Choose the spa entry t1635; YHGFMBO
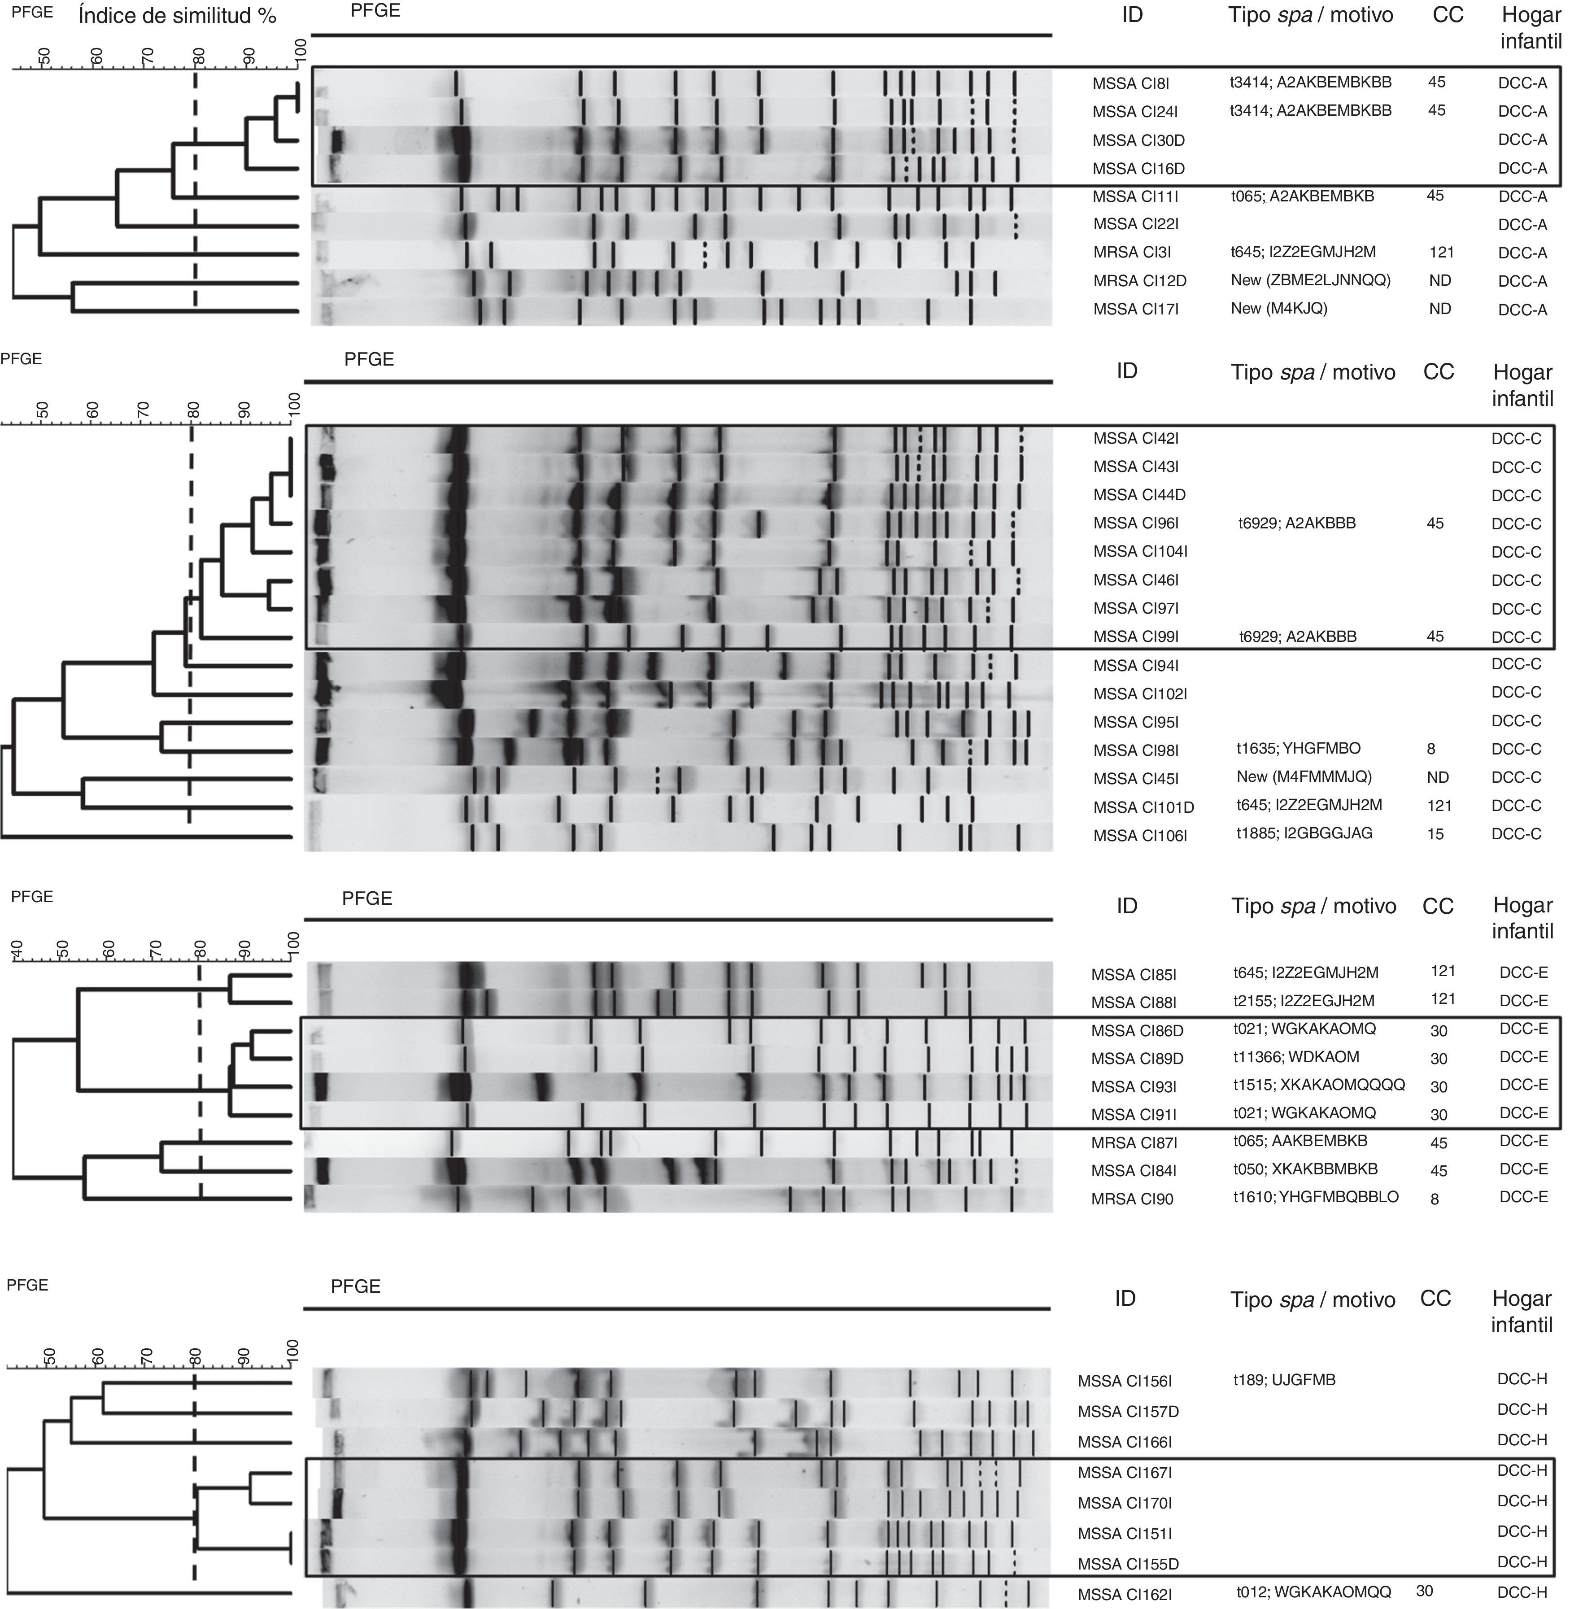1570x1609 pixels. click(x=1298, y=749)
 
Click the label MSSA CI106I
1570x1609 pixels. click(x=1139, y=835)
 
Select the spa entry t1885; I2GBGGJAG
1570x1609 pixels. click(x=1304, y=833)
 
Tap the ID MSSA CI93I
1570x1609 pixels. click(x=1133, y=1087)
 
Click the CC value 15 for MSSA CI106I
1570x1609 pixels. click(x=1435, y=835)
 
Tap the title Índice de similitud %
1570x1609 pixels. click(x=177, y=16)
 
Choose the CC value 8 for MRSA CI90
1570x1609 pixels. click(x=1435, y=1199)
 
